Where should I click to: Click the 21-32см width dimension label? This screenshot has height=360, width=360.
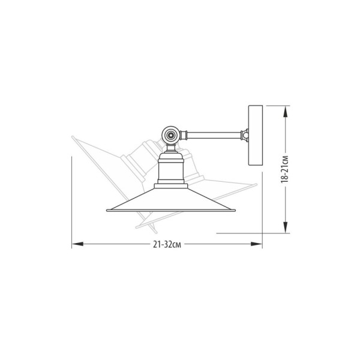coord(167,245)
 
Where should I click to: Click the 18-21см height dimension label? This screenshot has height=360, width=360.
coord(284,169)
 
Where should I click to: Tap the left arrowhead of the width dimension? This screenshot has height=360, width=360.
coord(77,244)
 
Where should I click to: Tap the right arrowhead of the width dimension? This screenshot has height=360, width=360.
coord(256,244)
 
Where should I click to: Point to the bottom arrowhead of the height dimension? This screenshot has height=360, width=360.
coord(285,227)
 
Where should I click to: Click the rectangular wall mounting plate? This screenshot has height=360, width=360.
coord(256,135)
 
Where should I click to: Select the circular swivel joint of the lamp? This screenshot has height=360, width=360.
coord(170,135)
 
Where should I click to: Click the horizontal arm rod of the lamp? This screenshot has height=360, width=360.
coord(214,135)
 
